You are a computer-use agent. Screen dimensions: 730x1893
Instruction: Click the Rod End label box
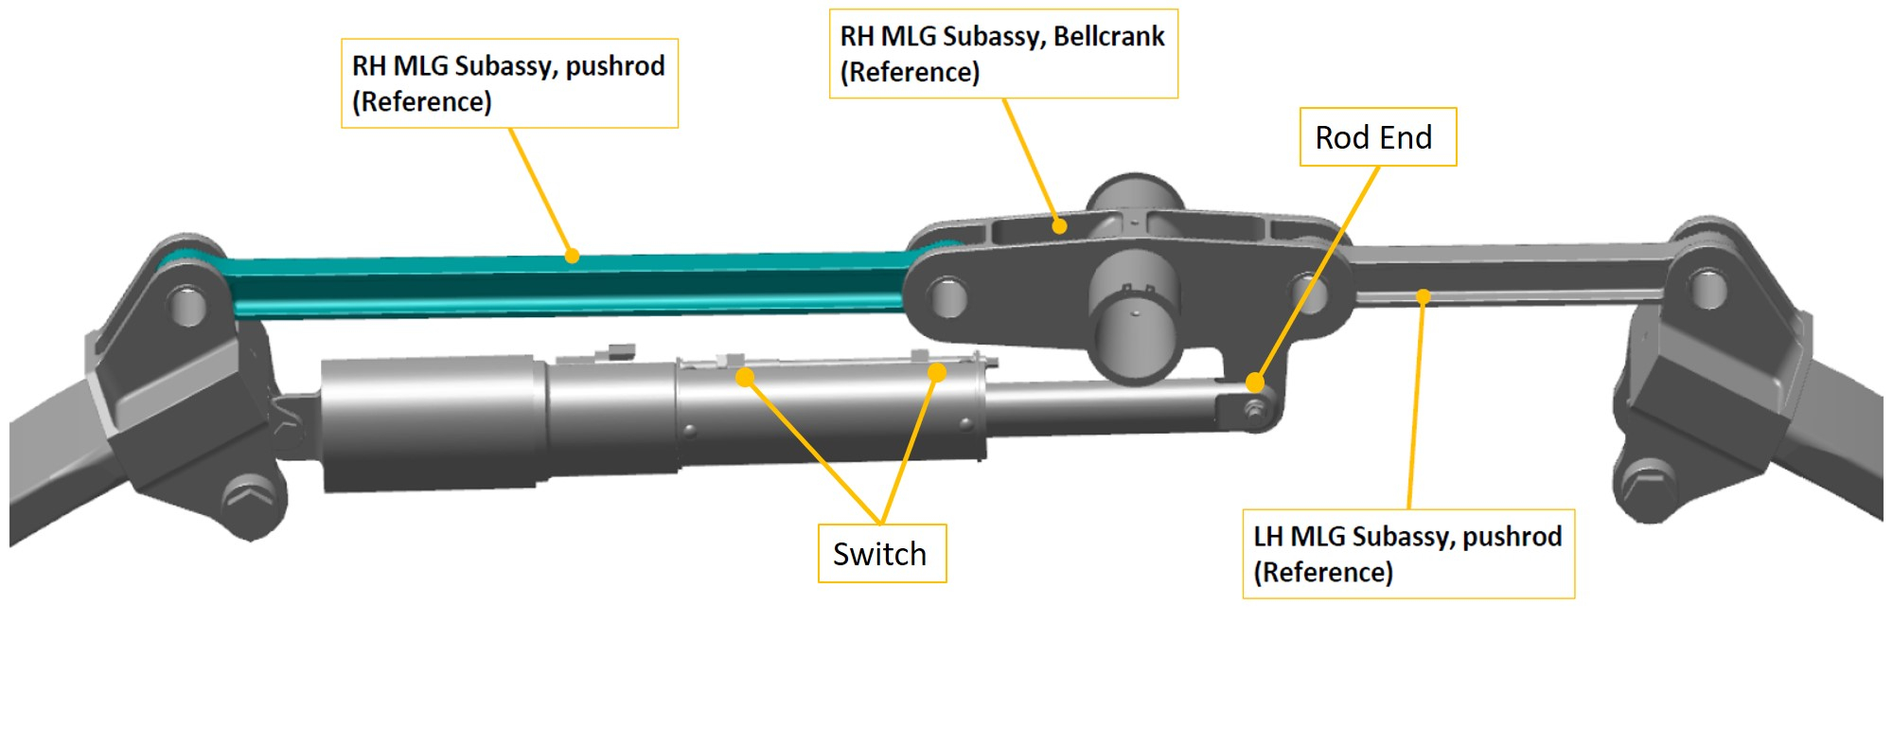tap(1377, 137)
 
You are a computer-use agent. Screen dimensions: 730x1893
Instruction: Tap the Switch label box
tap(881, 554)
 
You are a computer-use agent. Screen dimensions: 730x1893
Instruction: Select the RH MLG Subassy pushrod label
tap(509, 83)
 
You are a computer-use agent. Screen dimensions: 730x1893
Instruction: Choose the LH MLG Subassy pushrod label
tap(1407, 554)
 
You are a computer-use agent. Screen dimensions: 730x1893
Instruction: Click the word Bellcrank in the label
tap(1108, 37)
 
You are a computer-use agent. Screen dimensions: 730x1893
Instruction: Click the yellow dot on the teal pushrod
tap(572, 256)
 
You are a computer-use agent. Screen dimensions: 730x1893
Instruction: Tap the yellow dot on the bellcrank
tap(1060, 226)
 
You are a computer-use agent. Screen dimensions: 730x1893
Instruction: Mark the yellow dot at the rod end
tap(1255, 383)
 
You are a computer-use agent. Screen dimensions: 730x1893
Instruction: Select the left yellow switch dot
tap(746, 378)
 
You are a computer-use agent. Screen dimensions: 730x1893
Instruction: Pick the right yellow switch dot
tap(937, 372)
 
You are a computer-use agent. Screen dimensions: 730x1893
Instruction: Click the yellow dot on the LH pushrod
tap(1423, 297)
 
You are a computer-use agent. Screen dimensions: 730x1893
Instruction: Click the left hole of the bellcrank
tap(947, 297)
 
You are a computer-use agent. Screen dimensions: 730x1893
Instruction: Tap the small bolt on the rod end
tap(1254, 410)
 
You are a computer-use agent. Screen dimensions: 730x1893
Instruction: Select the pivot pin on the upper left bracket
tap(186, 305)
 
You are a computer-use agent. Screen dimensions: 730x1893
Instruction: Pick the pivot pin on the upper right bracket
tap(1707, 289)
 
